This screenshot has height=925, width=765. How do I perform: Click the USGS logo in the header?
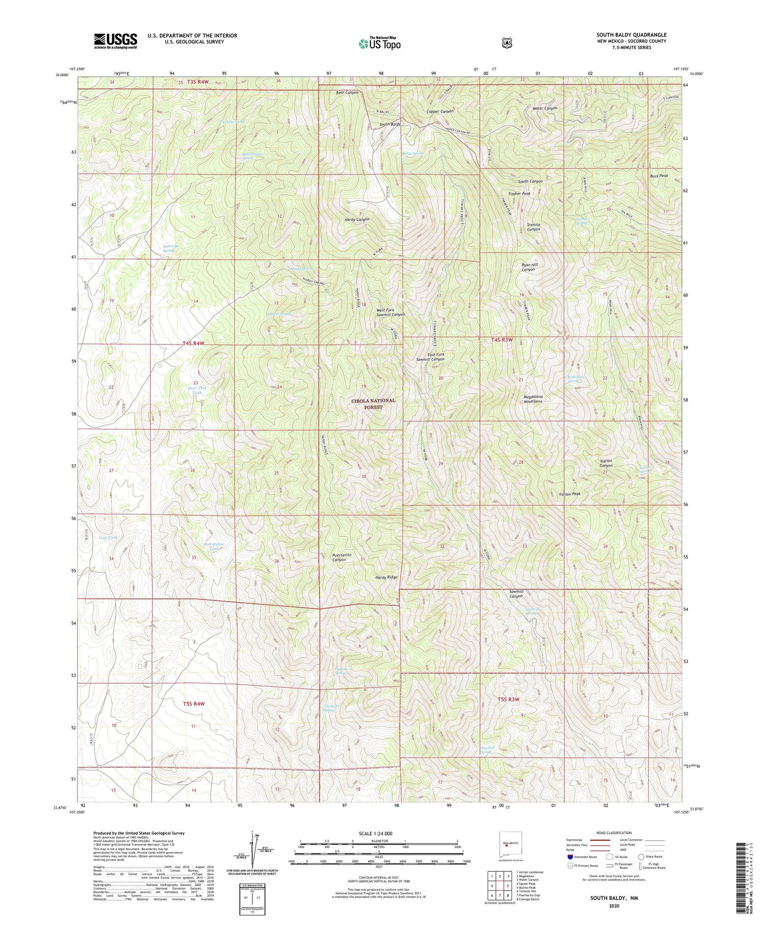coord(115,41)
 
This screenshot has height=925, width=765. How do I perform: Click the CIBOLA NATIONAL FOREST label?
coord(373,404)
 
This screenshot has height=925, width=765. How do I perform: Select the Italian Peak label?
coord(570,494)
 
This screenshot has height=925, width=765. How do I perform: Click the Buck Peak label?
coord(659,176)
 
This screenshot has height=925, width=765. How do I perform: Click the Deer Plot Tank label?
coord(194,390)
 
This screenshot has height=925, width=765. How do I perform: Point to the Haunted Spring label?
coord(488,750)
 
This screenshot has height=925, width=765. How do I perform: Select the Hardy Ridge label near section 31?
coord(386,578)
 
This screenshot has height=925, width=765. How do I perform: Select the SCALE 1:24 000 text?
coord(379,834)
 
